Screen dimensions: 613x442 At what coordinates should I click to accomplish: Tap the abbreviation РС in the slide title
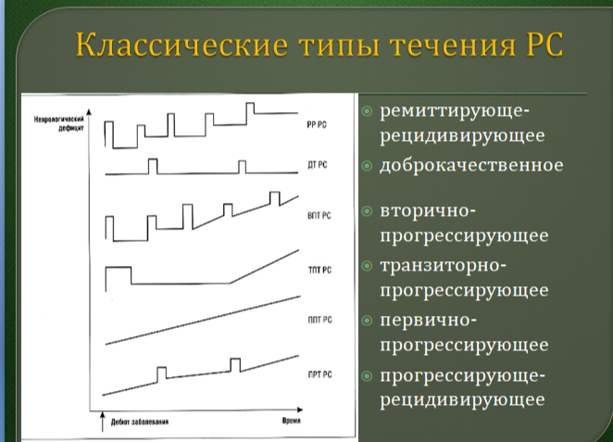coord(543,44)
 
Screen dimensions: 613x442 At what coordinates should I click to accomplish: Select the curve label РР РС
coord(317,125)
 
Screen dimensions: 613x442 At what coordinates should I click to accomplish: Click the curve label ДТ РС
coord(317,165)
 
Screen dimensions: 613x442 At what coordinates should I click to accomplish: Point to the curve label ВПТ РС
coord(319,216)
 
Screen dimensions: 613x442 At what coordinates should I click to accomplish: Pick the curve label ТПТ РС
coord(319,270)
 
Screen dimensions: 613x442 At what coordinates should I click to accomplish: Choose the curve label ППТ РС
coord(319,320)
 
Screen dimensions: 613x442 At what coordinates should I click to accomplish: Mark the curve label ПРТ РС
coord(319,374)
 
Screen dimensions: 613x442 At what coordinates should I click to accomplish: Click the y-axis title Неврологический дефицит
coord(59,123)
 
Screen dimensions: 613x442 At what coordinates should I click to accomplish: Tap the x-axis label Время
coord(292,421)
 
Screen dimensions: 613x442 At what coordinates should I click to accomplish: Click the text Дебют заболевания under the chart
coord(140,422)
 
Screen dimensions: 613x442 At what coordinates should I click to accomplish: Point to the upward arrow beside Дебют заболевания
coord(103,422)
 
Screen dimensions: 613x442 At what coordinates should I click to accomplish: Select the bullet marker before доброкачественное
coord(367,166)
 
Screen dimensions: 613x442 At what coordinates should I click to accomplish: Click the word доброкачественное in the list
coord(471,165)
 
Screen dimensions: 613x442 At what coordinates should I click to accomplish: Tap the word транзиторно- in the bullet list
coord(443,266)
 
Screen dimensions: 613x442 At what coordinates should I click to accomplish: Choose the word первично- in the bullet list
coord(428,321)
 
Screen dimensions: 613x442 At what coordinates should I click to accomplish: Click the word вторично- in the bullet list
coord(428,211)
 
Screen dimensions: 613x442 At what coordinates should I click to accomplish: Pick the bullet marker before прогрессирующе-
coord(367,376)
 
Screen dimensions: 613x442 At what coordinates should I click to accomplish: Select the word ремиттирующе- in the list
coord(455,111)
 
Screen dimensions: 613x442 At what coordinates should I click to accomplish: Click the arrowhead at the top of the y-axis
coord(89,112)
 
